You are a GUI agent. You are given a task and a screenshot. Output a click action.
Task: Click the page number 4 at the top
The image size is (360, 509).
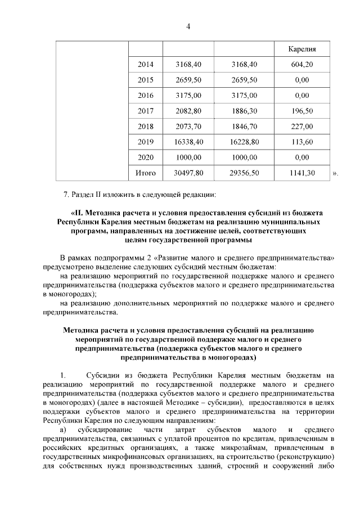188,27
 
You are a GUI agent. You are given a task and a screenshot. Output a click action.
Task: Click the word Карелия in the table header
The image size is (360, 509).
301,49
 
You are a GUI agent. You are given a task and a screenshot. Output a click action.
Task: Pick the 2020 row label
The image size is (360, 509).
146,157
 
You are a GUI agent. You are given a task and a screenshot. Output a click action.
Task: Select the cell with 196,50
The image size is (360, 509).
301,111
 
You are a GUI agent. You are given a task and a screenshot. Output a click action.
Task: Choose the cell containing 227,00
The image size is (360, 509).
301,127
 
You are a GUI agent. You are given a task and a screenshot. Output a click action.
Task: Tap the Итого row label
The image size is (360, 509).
146,173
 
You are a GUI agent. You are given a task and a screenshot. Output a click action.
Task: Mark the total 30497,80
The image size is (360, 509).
189,173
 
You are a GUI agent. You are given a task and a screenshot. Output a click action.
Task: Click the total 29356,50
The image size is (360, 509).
245,173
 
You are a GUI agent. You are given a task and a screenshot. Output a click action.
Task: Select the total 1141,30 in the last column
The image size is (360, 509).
301,173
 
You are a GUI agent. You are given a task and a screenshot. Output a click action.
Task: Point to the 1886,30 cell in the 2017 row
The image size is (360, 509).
245,111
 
